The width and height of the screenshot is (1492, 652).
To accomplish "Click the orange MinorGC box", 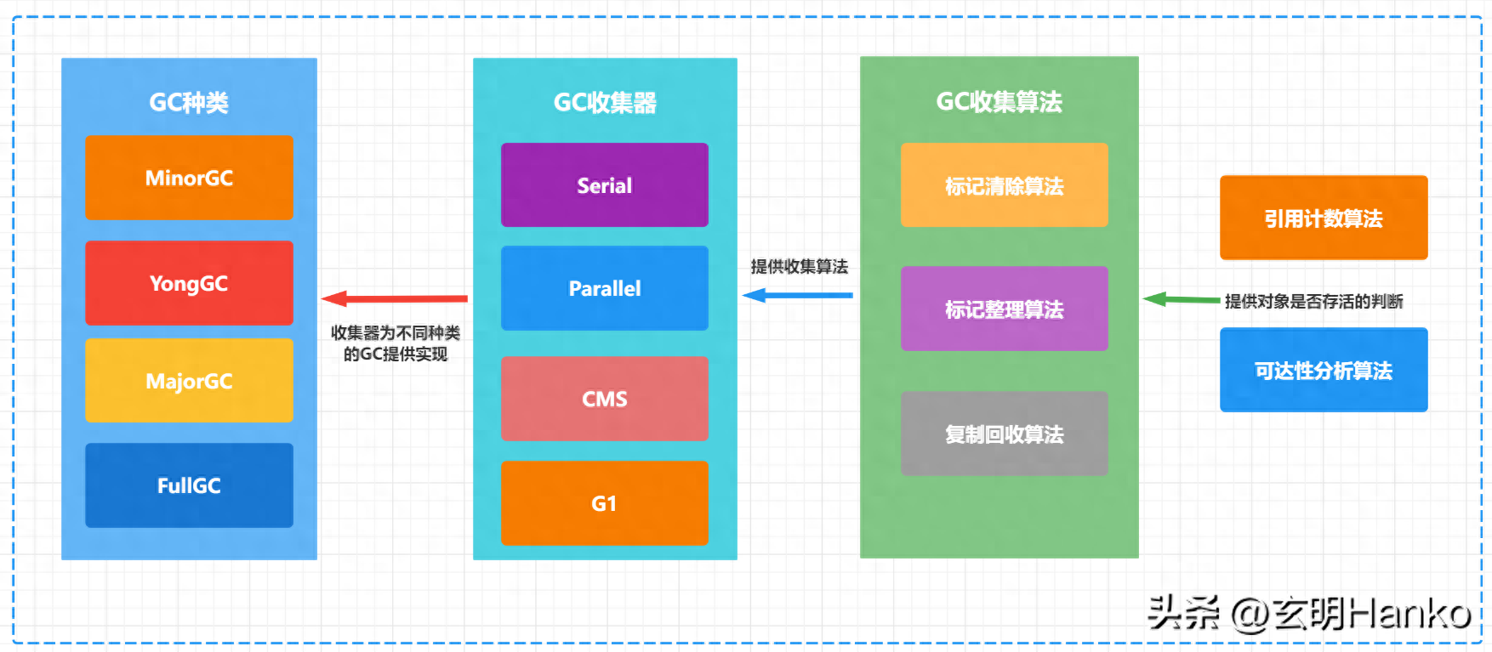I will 189,178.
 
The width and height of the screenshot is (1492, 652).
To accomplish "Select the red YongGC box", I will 189,283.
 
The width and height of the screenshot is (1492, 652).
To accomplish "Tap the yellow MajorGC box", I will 189,381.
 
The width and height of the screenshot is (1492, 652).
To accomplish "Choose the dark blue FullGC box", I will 189,485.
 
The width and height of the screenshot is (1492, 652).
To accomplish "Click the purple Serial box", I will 604,185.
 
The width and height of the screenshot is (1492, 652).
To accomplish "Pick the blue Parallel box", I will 604,288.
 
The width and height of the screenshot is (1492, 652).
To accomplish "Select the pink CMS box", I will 604,399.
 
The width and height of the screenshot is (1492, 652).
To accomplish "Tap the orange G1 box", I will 604,503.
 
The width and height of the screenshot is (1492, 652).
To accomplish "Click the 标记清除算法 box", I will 1004,185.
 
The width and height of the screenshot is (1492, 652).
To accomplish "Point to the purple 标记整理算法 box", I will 1004,309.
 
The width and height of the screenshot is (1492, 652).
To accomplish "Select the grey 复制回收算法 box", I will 1004,434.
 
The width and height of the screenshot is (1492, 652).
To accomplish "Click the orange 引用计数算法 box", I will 1323,218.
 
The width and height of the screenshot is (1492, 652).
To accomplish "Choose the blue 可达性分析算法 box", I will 1323,370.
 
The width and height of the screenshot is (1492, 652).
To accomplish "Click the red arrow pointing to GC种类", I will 395,298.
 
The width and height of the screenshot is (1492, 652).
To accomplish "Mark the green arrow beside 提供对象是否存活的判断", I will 1182,299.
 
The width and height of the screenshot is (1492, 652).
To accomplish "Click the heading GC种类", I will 189,103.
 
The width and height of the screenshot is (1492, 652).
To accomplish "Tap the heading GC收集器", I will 605,103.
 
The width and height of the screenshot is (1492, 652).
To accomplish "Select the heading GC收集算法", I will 999,102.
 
